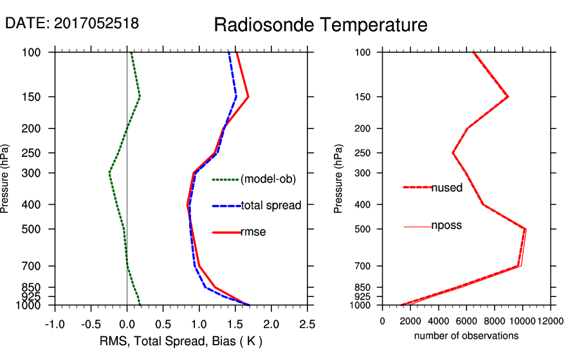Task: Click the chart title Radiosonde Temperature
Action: click(320, 26)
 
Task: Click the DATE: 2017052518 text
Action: click(72, 24)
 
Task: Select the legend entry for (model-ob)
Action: click(268, 179)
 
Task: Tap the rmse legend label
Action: click(253, 232)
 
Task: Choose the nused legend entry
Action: click(446, 188)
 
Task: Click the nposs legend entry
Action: click(446, 226)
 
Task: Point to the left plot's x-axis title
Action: click(181, 341)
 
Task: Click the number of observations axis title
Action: click(466, 336)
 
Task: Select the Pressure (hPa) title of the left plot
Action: click(6, 179)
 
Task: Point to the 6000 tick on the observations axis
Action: click(466, 321)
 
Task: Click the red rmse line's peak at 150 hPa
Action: click(248, 97)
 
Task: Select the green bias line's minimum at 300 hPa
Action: click(109, 173)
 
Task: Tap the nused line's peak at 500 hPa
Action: click(525, 229)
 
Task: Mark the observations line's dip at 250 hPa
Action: click(453, 153)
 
